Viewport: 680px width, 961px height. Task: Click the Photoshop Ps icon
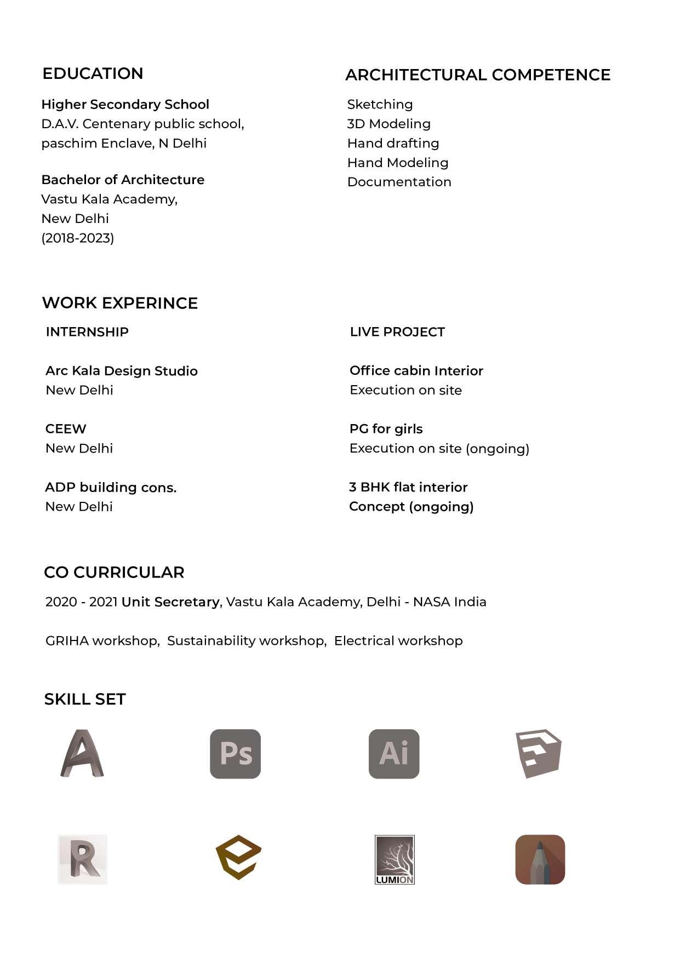(236, 754)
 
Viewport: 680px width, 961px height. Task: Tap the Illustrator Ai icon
(394, 754)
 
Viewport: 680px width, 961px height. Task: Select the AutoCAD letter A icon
(82, 753)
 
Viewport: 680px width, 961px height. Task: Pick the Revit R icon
(83, 859)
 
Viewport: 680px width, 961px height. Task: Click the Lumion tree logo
(395, 859)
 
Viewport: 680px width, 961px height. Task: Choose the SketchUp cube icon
(539, 753)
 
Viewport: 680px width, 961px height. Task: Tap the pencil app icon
(540, 859)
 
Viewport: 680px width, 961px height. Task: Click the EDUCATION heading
(93, 73)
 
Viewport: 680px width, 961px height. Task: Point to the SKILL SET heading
(85, 699)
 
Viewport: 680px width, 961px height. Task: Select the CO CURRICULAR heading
(114, 572)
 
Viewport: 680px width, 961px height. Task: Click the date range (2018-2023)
(78, 238)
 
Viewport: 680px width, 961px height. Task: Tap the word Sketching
(380, 104)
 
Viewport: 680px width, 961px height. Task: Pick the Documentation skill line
(399, 182)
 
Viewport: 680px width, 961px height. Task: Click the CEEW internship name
(66, 429)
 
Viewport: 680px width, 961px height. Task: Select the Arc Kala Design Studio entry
(122, 371)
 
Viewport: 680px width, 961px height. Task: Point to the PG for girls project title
(386, 429)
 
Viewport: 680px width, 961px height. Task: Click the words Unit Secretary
(170, 602)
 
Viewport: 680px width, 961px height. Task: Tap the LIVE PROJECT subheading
(397, 332)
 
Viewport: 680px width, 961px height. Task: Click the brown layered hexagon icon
(238, 857)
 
